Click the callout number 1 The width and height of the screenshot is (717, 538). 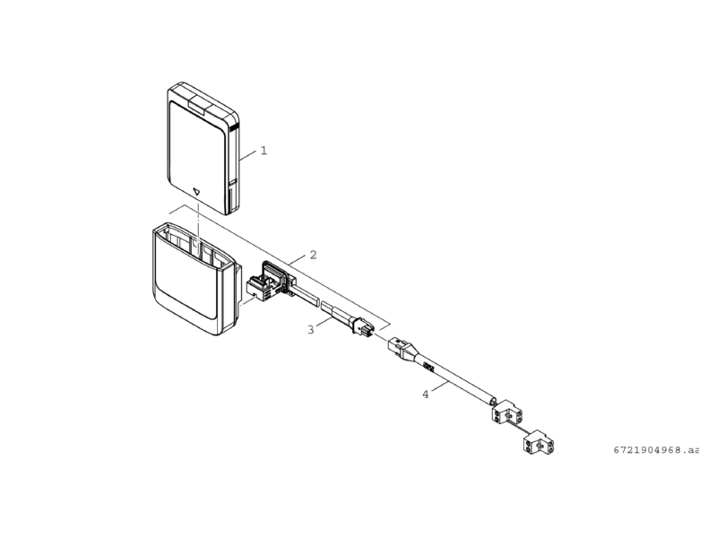click(x=263, y=151)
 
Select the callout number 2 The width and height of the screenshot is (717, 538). click(x=313, y=255)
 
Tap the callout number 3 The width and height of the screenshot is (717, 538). click(x=311, y=329)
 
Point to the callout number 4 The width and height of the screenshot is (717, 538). click(x=426, y=395)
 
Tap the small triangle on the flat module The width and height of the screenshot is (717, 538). click(x=197, y=192)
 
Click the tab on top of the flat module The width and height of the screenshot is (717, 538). click(x=198, y=104)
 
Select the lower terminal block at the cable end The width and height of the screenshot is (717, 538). click(x=538, y=443)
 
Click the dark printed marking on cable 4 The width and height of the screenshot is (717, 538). click(x=428, y=366)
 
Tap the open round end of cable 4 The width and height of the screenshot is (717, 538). click(x=493, y=401)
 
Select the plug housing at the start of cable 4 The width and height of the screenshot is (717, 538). click(x=401, y=348)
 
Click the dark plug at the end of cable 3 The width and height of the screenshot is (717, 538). click(x=363, y=324)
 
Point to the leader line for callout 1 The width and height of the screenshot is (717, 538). click(x=248, y=155)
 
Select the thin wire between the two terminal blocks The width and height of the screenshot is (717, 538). click(x=523, y=428)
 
